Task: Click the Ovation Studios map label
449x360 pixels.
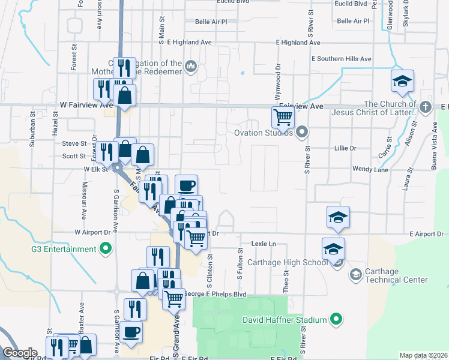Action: tap(264, 133)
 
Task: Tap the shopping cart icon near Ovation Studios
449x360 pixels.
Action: tap(282, 116)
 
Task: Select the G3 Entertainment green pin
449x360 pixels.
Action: tap(105, 248)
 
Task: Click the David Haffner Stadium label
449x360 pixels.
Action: tap(285, 320)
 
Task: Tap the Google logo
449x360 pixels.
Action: tap(20, 353)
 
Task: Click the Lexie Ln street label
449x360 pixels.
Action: tap(263, 244)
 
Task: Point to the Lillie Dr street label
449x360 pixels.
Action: tap(345, 148)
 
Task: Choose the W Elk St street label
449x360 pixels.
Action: tap(95, 169)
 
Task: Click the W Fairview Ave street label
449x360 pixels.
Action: tap(86, 105)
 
